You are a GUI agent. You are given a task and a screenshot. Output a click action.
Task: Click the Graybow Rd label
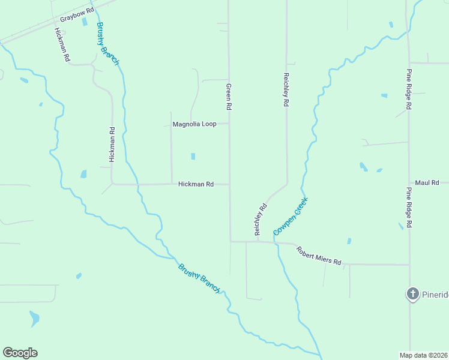point(77,11)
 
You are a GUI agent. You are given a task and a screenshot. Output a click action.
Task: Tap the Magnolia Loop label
point(194,124)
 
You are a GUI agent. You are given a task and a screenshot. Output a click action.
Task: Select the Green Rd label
point(229,96)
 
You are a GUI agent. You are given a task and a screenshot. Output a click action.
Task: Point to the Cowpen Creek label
point(290,216)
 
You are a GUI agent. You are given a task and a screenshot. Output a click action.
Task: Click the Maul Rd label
point(427,182)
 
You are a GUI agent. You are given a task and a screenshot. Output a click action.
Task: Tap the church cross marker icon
point(412,293)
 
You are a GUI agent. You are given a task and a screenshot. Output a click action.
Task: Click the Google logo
point(20,353)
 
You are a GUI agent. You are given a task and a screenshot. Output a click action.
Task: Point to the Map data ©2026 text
point(423,355)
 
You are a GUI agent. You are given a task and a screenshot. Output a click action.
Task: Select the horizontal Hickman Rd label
point(196,184)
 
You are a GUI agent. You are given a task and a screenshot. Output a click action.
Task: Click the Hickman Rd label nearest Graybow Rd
point(62,46)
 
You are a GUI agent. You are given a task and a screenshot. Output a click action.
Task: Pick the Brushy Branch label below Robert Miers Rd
point(199,278)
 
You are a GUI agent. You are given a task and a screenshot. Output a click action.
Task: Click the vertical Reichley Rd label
point(286,90)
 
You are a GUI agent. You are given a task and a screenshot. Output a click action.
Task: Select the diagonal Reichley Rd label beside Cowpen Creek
point(260,219)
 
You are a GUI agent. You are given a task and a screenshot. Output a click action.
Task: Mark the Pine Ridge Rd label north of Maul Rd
point(408,89)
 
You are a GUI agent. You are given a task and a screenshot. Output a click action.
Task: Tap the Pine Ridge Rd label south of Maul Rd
point(408,207)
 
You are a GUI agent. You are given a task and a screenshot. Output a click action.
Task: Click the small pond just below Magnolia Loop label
point(193,157)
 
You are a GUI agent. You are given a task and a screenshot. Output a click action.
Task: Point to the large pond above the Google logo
point(34,317)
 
